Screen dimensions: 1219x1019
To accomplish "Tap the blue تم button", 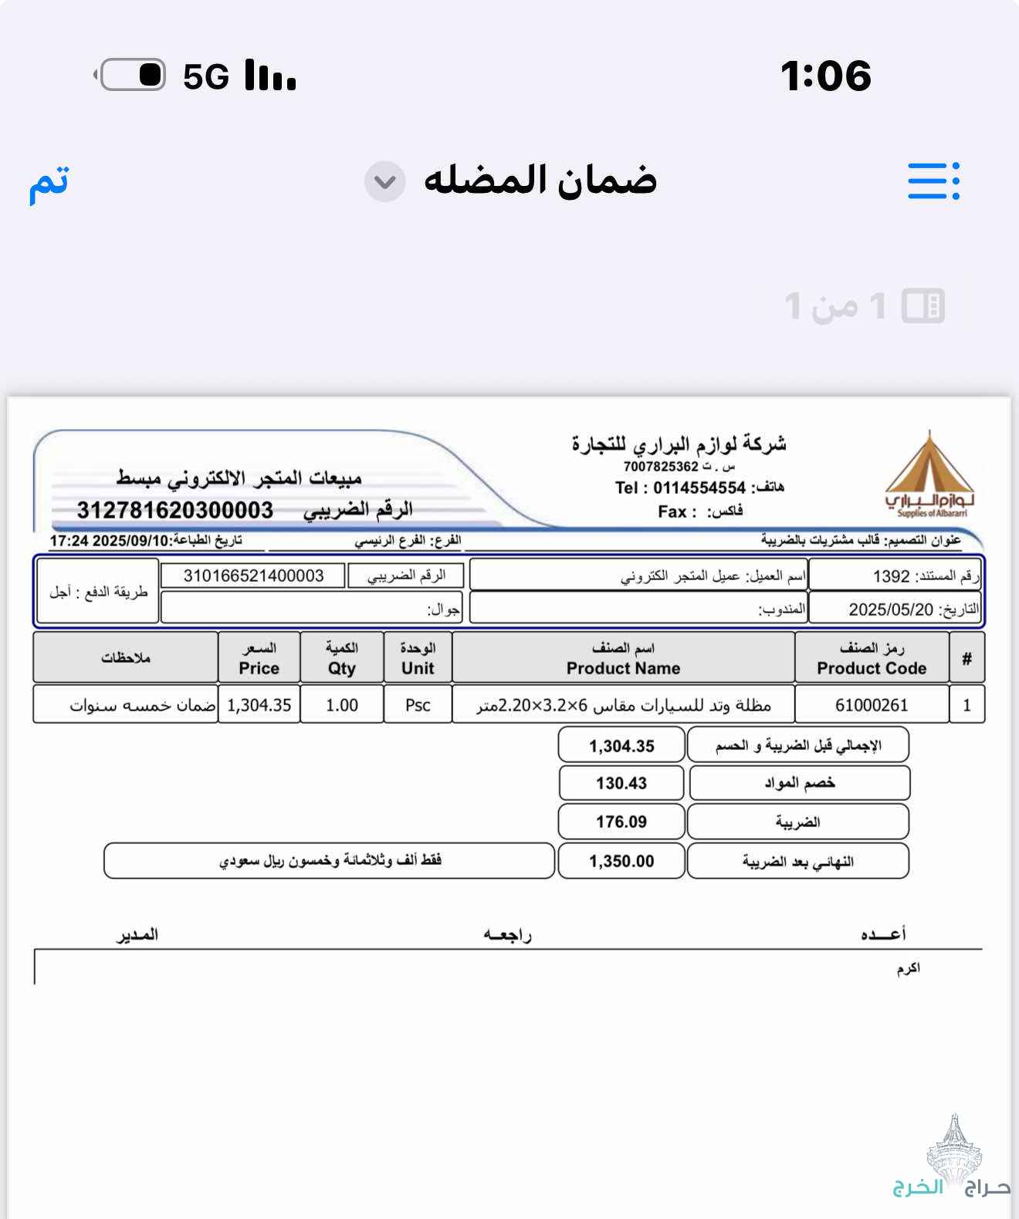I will pyautogui.click(x=49, y=183).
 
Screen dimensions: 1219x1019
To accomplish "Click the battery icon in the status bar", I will pyautogui.click(x=132, y=75).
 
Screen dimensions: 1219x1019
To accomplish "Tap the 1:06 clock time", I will pyautogui.click(x=825, y=76).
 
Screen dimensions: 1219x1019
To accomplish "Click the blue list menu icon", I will pyautogui.click(x=933, y=181).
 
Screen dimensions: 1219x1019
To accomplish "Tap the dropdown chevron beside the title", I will pyautogui.click(x=384, y=182).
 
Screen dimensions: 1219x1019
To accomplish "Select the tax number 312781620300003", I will pyautogui.click(x=175, y=510).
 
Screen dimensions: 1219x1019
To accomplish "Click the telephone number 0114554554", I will pyautogui.click(x=699, y=488).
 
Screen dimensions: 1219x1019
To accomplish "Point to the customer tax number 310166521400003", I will pyautogui.click(x=253, y=576).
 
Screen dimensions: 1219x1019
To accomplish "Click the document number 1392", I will pyautogui.click(x=891, y=576).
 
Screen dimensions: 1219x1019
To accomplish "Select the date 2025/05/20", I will pyautogui.click(x=891, y=609).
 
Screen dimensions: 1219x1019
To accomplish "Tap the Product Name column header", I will pyautogui.click(x=623, y=658).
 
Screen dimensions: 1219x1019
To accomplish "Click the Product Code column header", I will pyautogui.click(x=872, y=658).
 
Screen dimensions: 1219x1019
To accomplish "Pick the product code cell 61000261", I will pyautogui.click(x=872, y=705).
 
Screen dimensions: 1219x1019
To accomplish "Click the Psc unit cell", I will pyautogui.click(x=418, y=705).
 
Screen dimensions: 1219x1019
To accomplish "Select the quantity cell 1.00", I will pyautogui.click(x=342, y=705).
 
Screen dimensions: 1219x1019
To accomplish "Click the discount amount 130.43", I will pyautogui.click(x=621, y=783).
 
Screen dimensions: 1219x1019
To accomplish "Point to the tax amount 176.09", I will pyautogui.click(x=621, y=822).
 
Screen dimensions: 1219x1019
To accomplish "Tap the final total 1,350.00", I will pyautogui.click(x=621, y=861).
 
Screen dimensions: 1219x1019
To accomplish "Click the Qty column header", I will pyautogui.click(x=342, y=658).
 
